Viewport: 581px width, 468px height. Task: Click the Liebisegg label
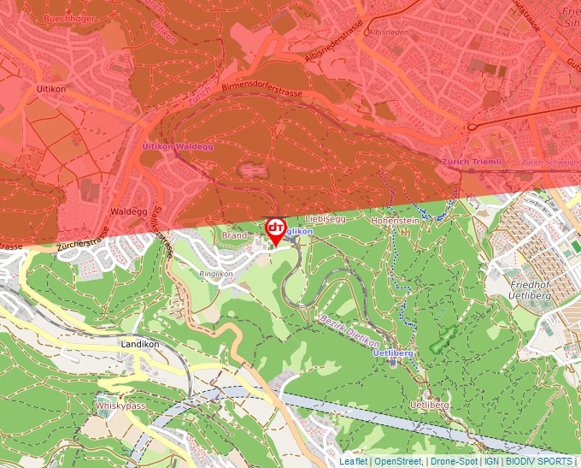pos(325,219)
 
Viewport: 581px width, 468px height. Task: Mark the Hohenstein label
pos(396,220)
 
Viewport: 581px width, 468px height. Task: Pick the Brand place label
pos(234,234)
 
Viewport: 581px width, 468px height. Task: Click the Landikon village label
pos(140,344)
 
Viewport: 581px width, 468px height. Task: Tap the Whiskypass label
pos(120,406)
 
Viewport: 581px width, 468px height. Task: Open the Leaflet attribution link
pos(353,461)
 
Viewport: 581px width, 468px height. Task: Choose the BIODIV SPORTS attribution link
pos(539,461)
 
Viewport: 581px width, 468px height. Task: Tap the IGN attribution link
pos(492,461)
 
